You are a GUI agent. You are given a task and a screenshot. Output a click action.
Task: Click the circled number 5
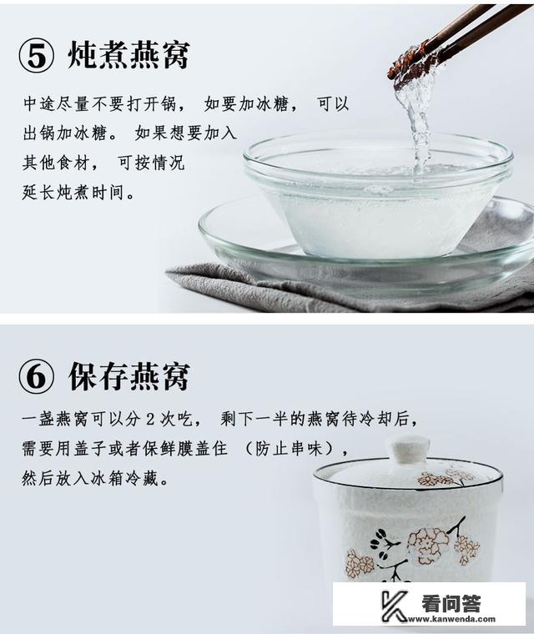click(38, 55)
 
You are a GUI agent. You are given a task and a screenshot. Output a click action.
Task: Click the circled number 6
click(38, 376)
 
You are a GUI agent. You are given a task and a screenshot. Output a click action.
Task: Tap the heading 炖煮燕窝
click(128, 55)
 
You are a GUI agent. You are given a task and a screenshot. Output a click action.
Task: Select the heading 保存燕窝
click(128, 376)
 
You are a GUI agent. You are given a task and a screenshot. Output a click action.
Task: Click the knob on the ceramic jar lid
click(408, 449)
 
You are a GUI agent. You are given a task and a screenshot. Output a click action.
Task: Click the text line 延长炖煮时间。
click(78, 193)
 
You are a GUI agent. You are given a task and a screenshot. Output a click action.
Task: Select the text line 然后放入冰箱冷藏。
click(96, 480)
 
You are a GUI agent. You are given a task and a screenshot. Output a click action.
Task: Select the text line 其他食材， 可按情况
click(103, 163)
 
